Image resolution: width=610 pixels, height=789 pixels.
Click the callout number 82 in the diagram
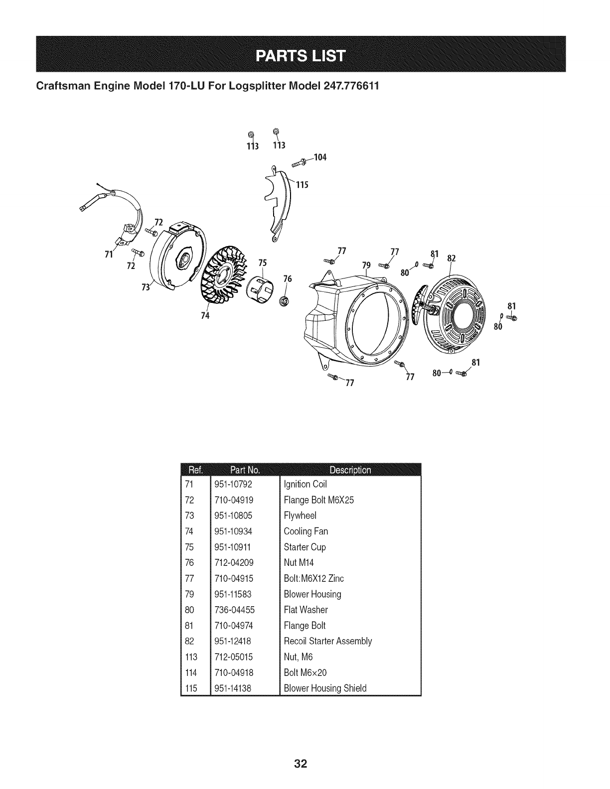pyautogui.click(x=452, y=258)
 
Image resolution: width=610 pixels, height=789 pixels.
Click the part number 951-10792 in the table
pyautogui.click(x=233, y=484)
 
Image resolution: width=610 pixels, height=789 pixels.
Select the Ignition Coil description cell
pyautogui.click(x=305, y=484)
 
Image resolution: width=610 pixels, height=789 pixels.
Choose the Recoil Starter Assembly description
pyautogui.click(x=327, y=641)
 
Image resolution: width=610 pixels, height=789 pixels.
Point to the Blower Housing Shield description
pyautogui.click(x=324, y=688)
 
